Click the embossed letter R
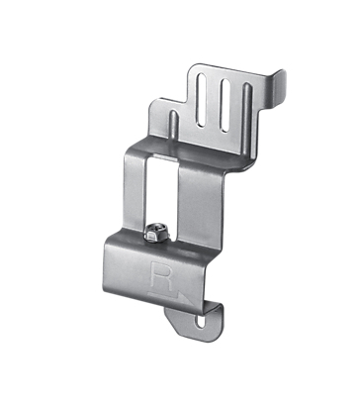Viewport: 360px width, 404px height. (x=161, y=275)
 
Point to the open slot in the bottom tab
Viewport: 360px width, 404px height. (x=200, y=322)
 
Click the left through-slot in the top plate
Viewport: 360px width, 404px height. (x=202, y=100)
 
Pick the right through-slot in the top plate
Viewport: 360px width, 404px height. (x=225, y=105)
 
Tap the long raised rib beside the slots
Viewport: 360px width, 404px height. (x=247, y=121)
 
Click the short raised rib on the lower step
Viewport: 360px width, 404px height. (x=174, y=126)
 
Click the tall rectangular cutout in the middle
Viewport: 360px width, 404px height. (x=162, y=191)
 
